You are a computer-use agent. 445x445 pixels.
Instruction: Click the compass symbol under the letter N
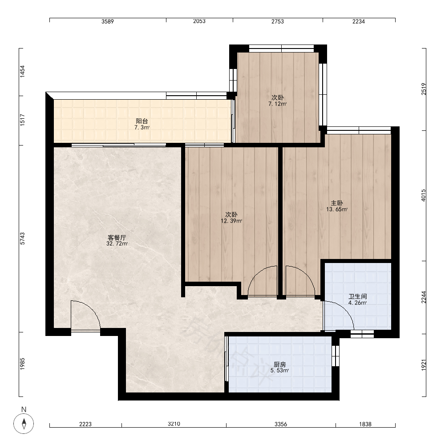24,424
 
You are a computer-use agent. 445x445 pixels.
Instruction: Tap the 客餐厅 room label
117,238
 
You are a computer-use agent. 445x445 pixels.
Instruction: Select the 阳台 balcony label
142,121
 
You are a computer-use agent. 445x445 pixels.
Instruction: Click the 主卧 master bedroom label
337,203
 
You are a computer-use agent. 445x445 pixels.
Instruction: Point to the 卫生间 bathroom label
358,296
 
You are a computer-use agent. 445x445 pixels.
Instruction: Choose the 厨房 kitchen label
280,364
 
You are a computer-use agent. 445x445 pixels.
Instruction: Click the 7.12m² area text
278,104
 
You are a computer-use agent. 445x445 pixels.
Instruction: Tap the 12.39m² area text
231,221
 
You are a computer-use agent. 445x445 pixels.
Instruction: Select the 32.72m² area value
117,243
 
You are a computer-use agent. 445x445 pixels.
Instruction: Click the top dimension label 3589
108,21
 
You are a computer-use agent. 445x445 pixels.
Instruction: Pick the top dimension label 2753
278,21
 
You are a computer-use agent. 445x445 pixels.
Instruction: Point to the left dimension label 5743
22,239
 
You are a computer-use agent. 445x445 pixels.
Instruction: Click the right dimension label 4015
424,195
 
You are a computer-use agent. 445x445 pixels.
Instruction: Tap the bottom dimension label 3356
281,424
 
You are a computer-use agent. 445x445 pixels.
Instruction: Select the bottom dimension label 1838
365,424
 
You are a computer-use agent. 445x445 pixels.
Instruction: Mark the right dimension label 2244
424,297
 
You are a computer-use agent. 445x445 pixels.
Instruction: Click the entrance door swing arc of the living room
91,308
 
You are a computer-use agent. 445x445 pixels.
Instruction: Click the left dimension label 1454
22,72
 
